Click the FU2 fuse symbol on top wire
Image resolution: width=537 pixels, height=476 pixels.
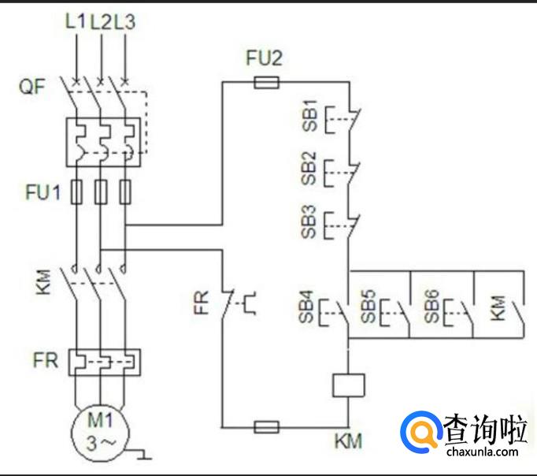(266, 81)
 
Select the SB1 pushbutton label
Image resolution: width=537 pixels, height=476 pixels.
(309, 116)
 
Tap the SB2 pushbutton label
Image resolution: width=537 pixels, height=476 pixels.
(309, 169)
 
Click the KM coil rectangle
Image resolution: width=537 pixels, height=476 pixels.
(347, 385)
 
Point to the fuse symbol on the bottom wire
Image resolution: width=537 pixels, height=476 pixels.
(266, 427)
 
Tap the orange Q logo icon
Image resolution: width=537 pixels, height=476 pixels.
(421, 432)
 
